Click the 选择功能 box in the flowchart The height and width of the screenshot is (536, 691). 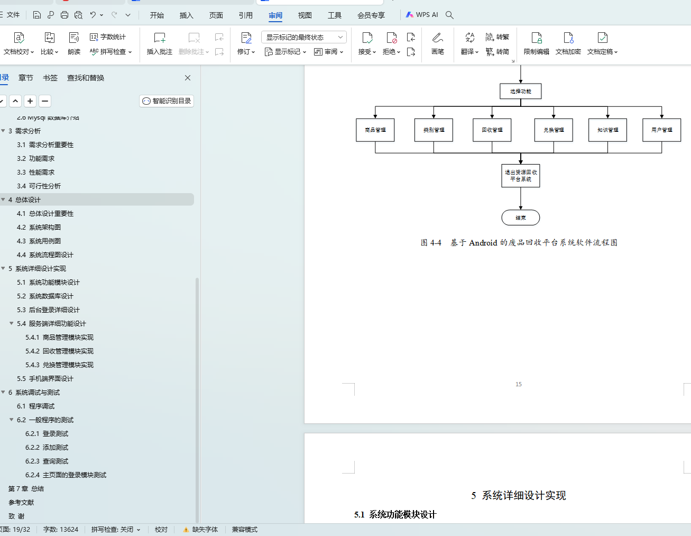[520, 91]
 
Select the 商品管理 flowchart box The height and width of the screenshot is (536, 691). [375, 130]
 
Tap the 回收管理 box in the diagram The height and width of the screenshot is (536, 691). [492, 130]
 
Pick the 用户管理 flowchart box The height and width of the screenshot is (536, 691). [661, 130]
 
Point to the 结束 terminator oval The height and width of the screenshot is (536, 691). [520, 217]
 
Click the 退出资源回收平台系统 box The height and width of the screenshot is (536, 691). [520, 176]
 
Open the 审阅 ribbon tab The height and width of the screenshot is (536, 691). [275, 15]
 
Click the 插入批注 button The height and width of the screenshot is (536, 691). [159, 43]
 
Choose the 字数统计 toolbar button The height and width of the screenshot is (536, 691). [108, 37]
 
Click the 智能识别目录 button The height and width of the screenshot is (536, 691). [167, 101]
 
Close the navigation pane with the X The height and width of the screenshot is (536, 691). [188, 78]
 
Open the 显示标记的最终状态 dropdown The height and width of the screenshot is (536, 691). [303, 37]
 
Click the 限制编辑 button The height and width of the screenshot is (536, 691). [536, 43]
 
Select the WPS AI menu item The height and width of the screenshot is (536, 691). [422, 15]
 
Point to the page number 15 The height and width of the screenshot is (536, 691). [519, 384]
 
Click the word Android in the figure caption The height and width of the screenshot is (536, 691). [483, 243]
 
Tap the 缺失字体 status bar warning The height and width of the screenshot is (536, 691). [200, 529]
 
